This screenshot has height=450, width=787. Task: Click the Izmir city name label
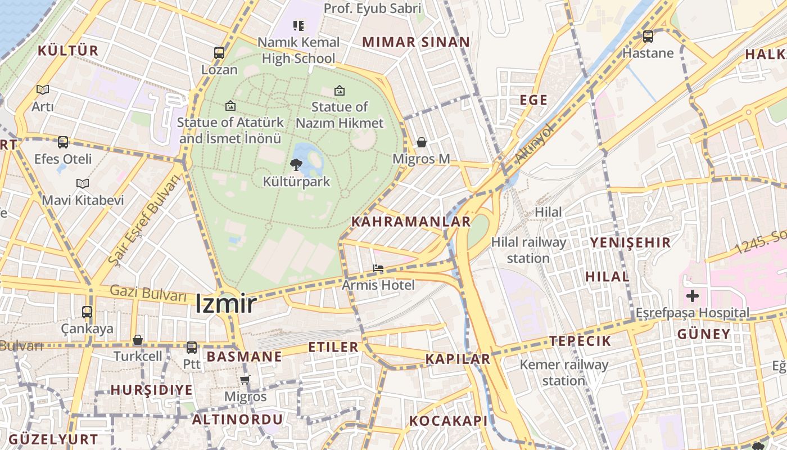click(226, 304)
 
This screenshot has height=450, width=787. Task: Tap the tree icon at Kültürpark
click(296, 164)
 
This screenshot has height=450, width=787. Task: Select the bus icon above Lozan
click(219, 53)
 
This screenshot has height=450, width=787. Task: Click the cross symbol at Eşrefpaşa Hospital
click(693, 295)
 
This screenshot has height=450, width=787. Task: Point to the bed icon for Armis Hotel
click(378, 268)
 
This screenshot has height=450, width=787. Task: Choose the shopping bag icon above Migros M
click(422, 142)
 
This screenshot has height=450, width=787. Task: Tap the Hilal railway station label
click(528, 250)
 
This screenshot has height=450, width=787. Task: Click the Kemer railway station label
click(564, 372)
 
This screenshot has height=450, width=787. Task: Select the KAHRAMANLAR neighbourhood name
click(411, 222)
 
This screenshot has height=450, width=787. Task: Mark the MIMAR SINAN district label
click(416, 42)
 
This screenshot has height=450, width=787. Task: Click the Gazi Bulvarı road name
click(148, 293)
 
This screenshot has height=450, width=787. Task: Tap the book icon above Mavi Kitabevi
click(83, 183)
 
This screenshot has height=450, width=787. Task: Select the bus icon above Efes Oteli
click(63, 142)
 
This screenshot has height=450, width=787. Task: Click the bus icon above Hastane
click(648, 37)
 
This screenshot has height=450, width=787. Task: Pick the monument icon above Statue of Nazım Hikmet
click(340, 90)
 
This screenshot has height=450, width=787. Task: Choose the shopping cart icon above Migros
click(245, 380)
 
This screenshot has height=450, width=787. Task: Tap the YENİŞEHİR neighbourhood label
click(630, 243)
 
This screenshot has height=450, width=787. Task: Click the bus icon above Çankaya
click(87, 312)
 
